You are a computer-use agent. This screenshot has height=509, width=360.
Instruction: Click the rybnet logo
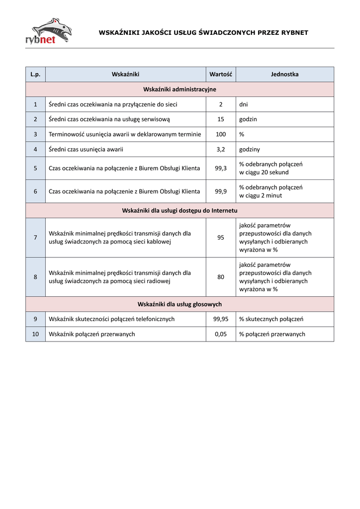tap(48, 31)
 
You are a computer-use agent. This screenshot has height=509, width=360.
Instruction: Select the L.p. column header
tap(35, 74)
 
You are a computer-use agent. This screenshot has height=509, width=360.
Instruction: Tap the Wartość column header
tap(221, 74)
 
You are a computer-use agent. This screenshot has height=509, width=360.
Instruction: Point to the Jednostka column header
tap(284, 74)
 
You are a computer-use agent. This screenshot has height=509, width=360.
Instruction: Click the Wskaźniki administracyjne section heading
tap(180, 89)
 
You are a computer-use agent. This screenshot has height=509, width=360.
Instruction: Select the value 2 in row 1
tap(221, 104)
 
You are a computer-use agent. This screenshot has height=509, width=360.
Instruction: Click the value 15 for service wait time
tap(221, 119)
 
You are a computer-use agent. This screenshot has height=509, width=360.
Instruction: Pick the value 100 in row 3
tap(221, 134)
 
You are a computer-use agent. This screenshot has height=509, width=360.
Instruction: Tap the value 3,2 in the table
tap(221, 149)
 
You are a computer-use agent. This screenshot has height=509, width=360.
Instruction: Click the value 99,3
tap(221, 168)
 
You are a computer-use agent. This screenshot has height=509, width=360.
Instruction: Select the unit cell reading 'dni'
tap(244, 104)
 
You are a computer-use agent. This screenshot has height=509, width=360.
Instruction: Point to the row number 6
tap(35, 191)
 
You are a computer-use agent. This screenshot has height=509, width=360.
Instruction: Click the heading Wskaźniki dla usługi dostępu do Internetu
tap(180, 210)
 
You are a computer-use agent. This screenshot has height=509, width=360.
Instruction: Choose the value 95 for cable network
tap(221, 238)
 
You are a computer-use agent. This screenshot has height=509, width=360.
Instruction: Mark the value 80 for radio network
tap(221, 277)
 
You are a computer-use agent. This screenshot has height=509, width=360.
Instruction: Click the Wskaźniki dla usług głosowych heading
tap(180, 304)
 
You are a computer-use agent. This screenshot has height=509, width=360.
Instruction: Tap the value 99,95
tap(221, 319)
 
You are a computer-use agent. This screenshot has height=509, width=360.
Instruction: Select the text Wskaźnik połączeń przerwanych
tap(92, 334)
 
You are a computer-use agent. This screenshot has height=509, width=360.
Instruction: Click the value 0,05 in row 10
tap(221, 334)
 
